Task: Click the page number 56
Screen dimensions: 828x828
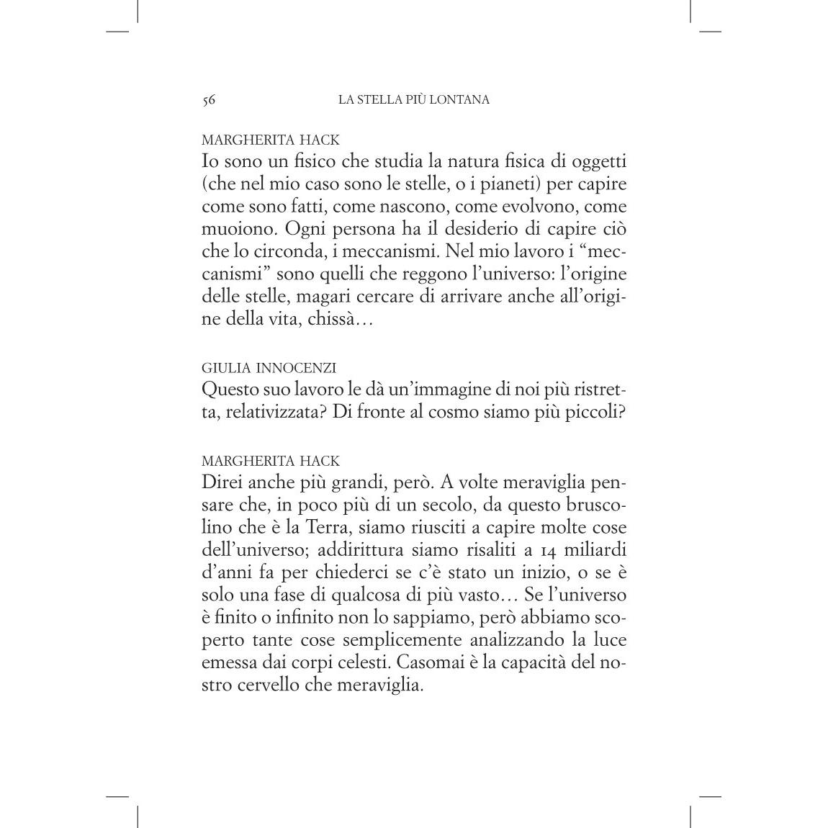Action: [x=209, y=100]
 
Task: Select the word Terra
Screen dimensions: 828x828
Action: [x=330, y=527]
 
